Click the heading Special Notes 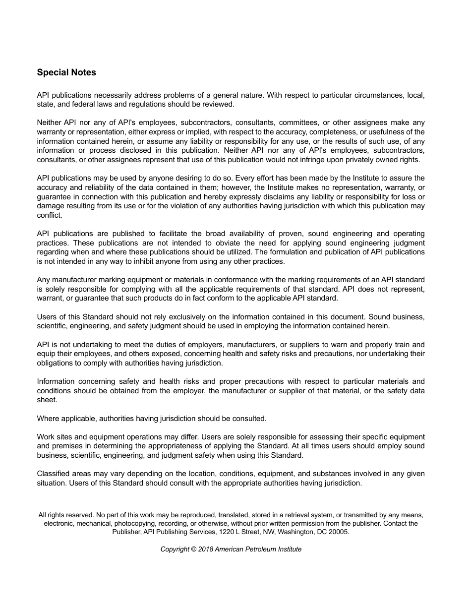66,72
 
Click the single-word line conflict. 50,215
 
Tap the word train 401,345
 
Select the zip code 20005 338,532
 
